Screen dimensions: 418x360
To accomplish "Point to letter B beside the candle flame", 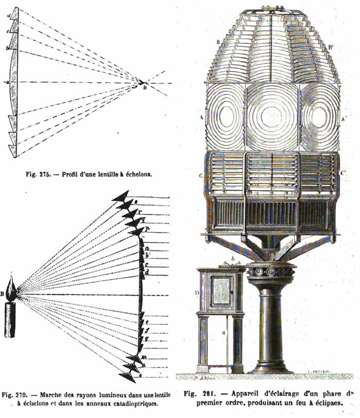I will click(3, 294).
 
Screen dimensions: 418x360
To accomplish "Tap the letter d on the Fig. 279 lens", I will click(147, 271).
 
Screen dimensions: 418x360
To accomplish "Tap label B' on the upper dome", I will click(330, 46).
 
